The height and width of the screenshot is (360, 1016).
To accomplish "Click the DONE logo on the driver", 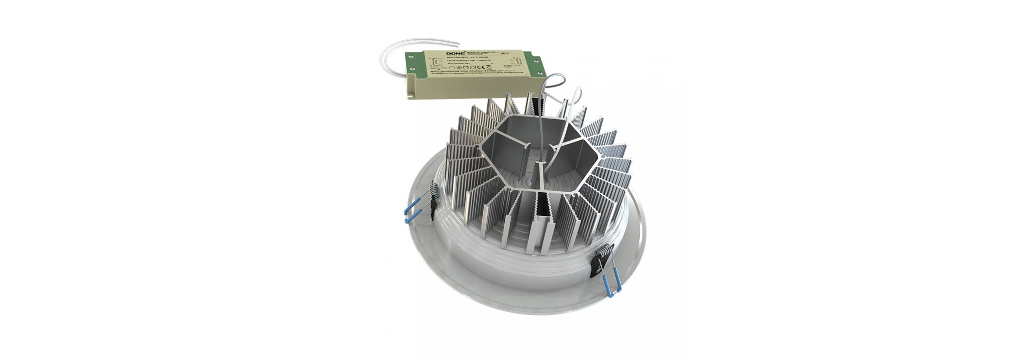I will click(456, 53).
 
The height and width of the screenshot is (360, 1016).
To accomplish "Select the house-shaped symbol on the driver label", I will click(451, 67).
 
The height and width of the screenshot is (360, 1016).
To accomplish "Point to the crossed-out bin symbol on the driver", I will click(489, 67).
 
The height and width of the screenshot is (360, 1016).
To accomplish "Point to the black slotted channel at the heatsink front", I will click(543, 217).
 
